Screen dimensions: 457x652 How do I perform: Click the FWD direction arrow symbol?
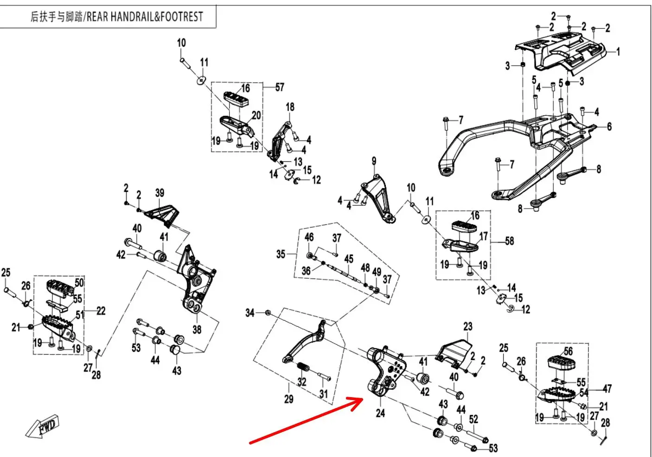point(43,426)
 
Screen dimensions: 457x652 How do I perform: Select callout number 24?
point(380,413)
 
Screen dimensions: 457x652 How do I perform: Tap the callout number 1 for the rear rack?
point(618,51)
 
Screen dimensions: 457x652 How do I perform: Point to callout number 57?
point(279,87)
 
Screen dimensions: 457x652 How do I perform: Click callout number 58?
point(509,241)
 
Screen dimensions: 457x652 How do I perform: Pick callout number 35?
point(281,254)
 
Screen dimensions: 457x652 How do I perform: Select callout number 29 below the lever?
point(288,399)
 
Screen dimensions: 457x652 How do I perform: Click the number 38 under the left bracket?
point(197,330)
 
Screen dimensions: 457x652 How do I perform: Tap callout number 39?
point(160,193)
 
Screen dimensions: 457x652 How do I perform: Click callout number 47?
point(607,388)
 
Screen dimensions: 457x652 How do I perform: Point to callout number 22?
point(101,311)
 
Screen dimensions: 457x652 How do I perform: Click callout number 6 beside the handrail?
point(609,127)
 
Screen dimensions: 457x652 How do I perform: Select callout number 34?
point(250,313)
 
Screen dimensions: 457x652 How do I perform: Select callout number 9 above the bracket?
point(374,161)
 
